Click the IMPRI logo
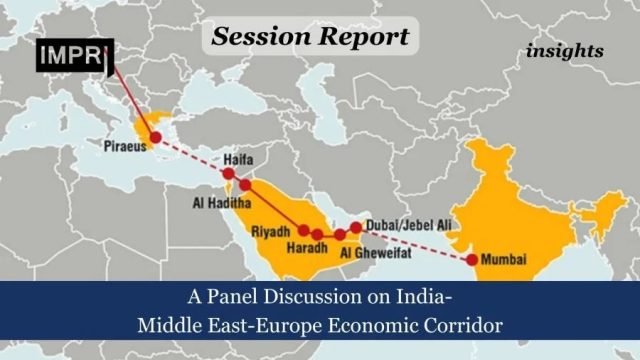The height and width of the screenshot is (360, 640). click(x=73, y=57)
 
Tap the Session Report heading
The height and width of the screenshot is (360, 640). click(x=309, y=37)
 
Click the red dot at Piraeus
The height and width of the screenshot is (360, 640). click(x=155, y=136)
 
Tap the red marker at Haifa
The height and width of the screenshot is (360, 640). click(x=229, y=174)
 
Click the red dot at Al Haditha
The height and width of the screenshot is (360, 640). click(x=245, y=185)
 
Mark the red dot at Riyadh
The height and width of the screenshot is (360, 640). click(x=304, y=230)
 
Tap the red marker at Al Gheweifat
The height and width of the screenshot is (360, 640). click(x=340, y=234)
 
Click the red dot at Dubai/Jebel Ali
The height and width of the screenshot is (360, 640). click(x=356, y=228)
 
